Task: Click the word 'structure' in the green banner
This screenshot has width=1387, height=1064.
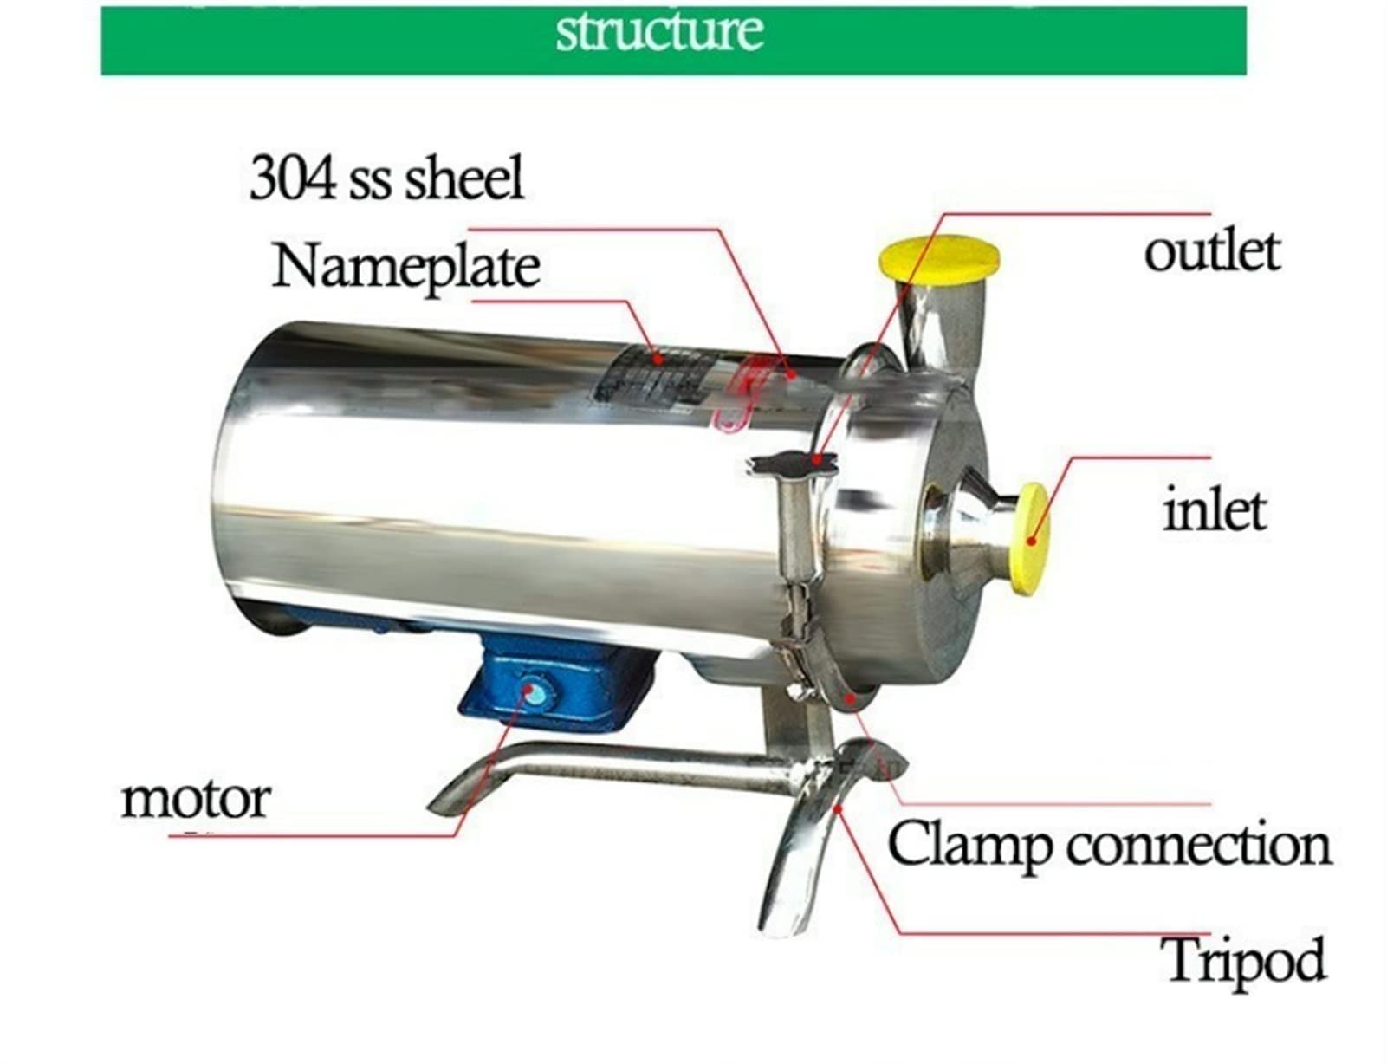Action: [x=659, y=32]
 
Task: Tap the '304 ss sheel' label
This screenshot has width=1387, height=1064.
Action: [x=386, y=178]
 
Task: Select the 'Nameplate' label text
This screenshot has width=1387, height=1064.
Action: [x=405, y=266]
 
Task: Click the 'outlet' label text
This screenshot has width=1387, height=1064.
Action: [x=1211, y=251]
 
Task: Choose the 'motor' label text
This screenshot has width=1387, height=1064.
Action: [x=195, y=798]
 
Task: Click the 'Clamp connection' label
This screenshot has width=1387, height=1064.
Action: [x=1109, y=845]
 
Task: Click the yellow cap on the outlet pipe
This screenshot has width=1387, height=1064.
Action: [x=938, y=257]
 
